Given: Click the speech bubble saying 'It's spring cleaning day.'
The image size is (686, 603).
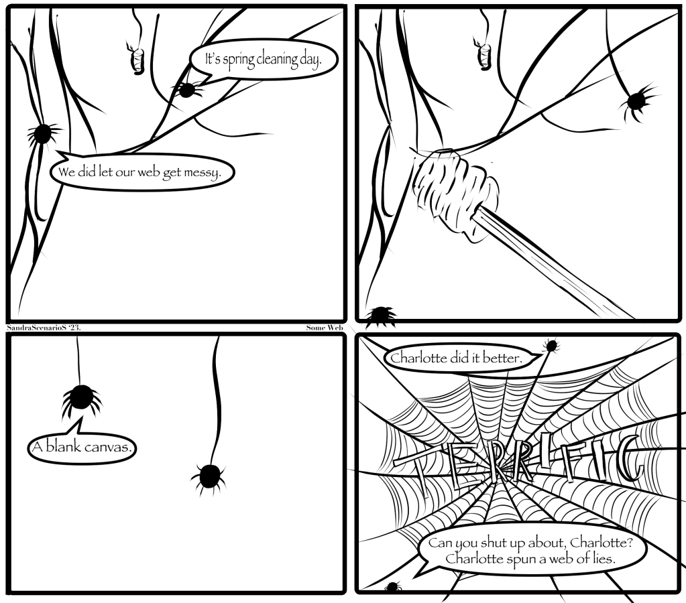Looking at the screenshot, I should coord(263,60).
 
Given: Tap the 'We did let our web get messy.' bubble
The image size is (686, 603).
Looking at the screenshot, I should coord(144,173).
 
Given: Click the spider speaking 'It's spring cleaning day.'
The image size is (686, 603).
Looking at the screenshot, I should coord(186,89).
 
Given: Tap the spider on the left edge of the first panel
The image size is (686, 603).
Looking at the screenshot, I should coord(44,133).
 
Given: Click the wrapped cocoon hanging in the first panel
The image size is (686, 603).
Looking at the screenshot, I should coord(137,59).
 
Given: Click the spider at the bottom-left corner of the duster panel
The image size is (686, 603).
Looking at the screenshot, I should coord(384,314).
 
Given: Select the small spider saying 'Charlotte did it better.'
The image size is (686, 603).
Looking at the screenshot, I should coord(553,346).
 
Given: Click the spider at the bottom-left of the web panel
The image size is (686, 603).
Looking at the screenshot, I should coord(393,588).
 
